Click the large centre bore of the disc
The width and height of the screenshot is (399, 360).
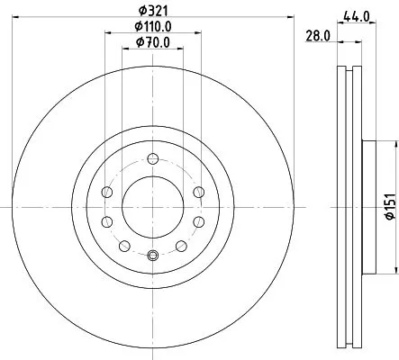[152, 206]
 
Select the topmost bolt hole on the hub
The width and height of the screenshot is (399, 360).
[152, 158]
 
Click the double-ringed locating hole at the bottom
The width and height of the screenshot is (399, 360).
[152, 255]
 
